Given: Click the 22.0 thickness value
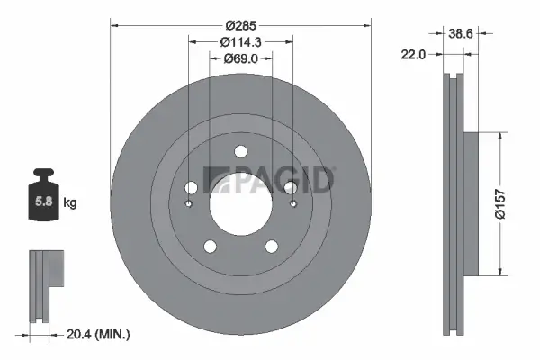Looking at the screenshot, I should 413,55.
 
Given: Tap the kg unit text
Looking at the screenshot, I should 70,203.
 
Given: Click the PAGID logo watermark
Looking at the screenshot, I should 270,179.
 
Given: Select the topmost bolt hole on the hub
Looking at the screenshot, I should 240,152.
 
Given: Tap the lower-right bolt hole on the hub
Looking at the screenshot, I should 271,246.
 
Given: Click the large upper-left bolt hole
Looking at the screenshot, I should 191,187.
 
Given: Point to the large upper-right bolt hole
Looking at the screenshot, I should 290,187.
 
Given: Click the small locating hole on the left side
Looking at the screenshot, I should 188,203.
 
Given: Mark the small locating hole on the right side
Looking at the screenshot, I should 292,203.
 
